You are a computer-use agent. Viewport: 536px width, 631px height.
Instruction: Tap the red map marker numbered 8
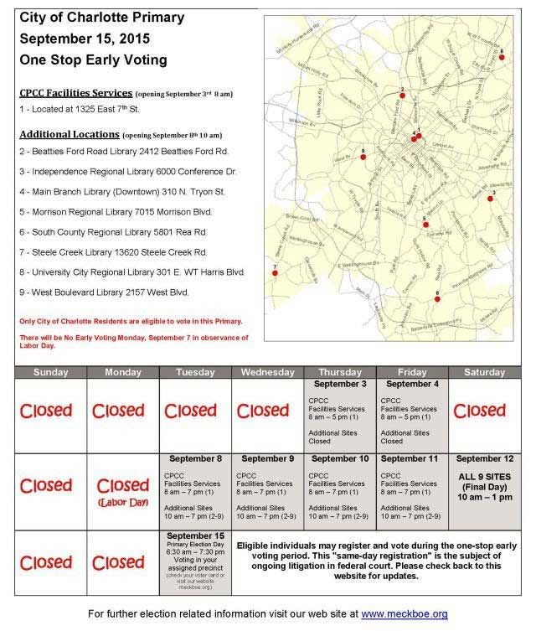point(502,57)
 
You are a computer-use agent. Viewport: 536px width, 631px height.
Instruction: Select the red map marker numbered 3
point(491,199)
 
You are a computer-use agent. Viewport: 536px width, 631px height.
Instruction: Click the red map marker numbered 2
point(402,96)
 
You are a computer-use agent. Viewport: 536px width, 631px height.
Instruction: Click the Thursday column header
point(340,372)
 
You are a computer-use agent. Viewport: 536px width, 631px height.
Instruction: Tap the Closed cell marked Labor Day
point(123,487)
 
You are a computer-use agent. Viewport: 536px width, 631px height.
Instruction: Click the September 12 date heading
point(485,459)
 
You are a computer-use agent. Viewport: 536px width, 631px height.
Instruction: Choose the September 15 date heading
point(195,535)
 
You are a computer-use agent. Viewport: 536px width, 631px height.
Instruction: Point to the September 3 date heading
point(340,384)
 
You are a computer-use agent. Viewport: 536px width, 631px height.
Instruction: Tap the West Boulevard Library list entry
point(105,292)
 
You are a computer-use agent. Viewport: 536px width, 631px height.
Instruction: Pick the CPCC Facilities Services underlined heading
point(75,92)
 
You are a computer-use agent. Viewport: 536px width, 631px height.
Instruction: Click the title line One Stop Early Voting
point(94,59)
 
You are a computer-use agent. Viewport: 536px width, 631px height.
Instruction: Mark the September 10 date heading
point(340,459)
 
